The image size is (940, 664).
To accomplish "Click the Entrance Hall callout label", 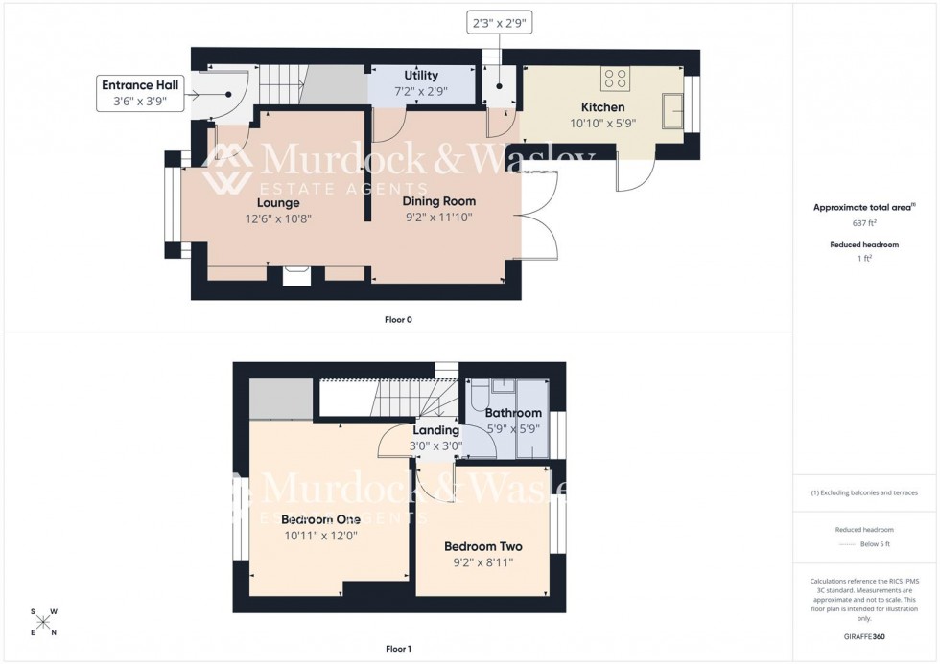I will pyautogui.click(x=140, y=93).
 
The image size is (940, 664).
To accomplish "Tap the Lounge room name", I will pyautogui.click(x=278, y=203).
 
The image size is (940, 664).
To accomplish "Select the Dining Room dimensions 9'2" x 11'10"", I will pyautogui.click(x=438, y=218).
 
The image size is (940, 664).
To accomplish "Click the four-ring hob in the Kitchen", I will pyautogui.click(x=614, y=79).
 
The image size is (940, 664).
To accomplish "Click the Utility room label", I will pyautogui.click(x=421, y=76).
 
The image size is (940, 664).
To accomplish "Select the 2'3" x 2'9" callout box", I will pyautogui.click(x=500, y=22).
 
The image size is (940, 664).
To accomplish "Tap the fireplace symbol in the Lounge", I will pyautogui.click(x=296, y=276).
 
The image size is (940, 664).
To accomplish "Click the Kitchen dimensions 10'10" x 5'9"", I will pyautogui.click(x=602, y=123).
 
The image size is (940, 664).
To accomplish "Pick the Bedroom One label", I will pyautogui.click(x=320, y=519).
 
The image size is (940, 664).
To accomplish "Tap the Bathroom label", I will pyautogui.click(x=513, y=413).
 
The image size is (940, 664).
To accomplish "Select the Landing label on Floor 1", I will pyautogui.click(x=435, y=430).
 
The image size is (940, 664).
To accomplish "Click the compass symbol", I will pyautogui.click(x=43, y=622).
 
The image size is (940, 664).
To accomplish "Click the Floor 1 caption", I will pyautogui.click(x=398, y=649).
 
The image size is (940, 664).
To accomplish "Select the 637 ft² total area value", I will pyautogui.click(x=865, y=222).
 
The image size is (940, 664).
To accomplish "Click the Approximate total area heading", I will pyautogui.click(x=863, y=207).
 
